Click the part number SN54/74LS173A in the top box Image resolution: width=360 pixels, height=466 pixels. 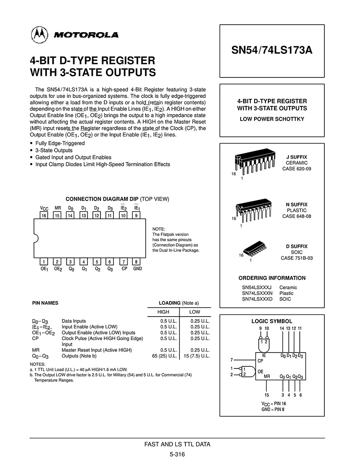click(x=272, y=51)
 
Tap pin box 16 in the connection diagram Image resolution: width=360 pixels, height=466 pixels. click(x=44, y=215)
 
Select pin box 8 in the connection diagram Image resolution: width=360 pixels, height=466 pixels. click(x=137, y=262)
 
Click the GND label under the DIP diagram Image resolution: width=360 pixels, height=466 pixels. click(x=138, y=269)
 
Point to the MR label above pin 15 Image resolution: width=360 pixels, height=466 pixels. click(x=58, y=208)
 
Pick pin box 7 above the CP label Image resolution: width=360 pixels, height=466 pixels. click(x=124, y=262)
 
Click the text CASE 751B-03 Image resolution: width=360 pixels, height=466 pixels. click(x=296, y=258)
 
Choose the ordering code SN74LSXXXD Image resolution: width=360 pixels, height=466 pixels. click(x=257, y=299)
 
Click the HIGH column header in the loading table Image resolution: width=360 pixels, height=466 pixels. click(x=163, y=312)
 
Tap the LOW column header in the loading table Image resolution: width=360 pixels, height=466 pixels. click(x=195, y=312)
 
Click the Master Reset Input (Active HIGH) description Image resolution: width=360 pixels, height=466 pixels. click(x=97, y=350)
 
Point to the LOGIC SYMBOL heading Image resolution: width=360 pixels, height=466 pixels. click(x=272, y=321)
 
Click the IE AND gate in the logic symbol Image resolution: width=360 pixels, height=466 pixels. click(x=264, y=344)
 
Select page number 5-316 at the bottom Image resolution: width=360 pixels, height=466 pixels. click(x=177, y=454)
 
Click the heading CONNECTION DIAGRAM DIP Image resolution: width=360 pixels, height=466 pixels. click(x=102, y=199)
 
